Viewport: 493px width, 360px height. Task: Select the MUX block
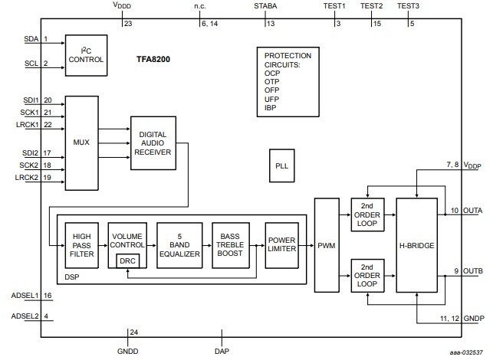82,143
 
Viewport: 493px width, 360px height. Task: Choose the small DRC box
128,260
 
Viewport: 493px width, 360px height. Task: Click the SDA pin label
31,38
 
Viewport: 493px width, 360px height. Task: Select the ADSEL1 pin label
26,295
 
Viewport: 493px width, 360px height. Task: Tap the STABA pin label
266,6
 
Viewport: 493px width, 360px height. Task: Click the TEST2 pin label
371,6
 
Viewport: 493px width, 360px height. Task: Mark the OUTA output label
472,210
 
